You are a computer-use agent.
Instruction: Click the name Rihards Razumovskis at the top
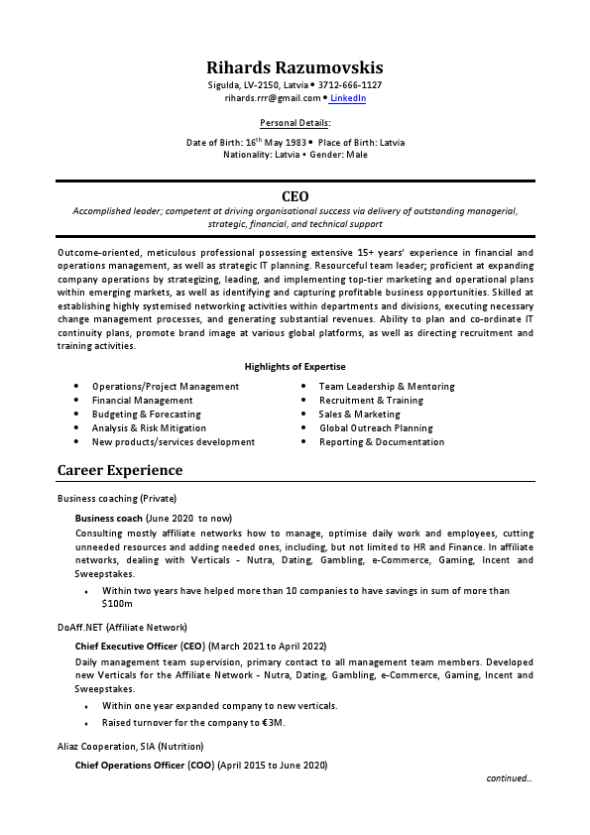tap(295, 67)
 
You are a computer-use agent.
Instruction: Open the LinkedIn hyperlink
tap(348, 98)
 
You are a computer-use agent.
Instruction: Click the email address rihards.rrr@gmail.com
tap(273, 98)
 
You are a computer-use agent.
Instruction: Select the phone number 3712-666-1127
tap(350, 85)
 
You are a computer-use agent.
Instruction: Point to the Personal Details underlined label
tap(295, 123)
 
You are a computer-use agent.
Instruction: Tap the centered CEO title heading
tap(295, 196)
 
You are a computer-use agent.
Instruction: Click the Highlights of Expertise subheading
tap(295, 367)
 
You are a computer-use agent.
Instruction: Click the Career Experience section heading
tap(120, 470)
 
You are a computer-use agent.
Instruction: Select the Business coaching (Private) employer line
tap(117, 497)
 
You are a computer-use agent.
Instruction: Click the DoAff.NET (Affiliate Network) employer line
tap(122, 628)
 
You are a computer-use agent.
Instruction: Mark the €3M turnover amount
tap(271, 723)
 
